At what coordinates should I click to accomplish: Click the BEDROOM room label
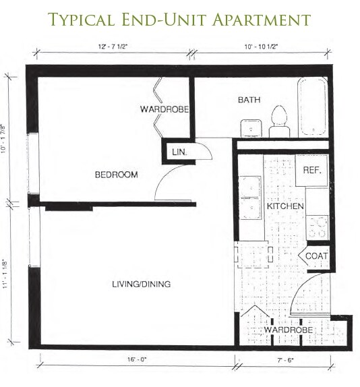116,175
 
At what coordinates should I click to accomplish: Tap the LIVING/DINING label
141,284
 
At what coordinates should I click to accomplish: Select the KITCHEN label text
285,206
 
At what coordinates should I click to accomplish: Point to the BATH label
248,100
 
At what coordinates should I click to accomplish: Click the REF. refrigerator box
311,171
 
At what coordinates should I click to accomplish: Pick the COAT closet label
316,256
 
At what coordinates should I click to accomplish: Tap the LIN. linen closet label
179,152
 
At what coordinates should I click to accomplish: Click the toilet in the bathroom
276,121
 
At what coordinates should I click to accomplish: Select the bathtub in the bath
314,107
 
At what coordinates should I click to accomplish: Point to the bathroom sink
251,126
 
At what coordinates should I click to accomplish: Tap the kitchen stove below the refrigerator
317,225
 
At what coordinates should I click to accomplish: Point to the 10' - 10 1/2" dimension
260,47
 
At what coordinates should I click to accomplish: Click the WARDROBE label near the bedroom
163,109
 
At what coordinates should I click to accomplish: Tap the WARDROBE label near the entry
288,330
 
